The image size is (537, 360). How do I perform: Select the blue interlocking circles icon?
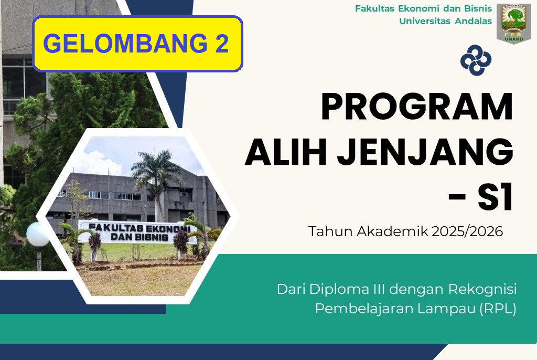point(476,60)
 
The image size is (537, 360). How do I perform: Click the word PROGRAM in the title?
point(417,107)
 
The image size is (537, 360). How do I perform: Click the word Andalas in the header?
point(474,21)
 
